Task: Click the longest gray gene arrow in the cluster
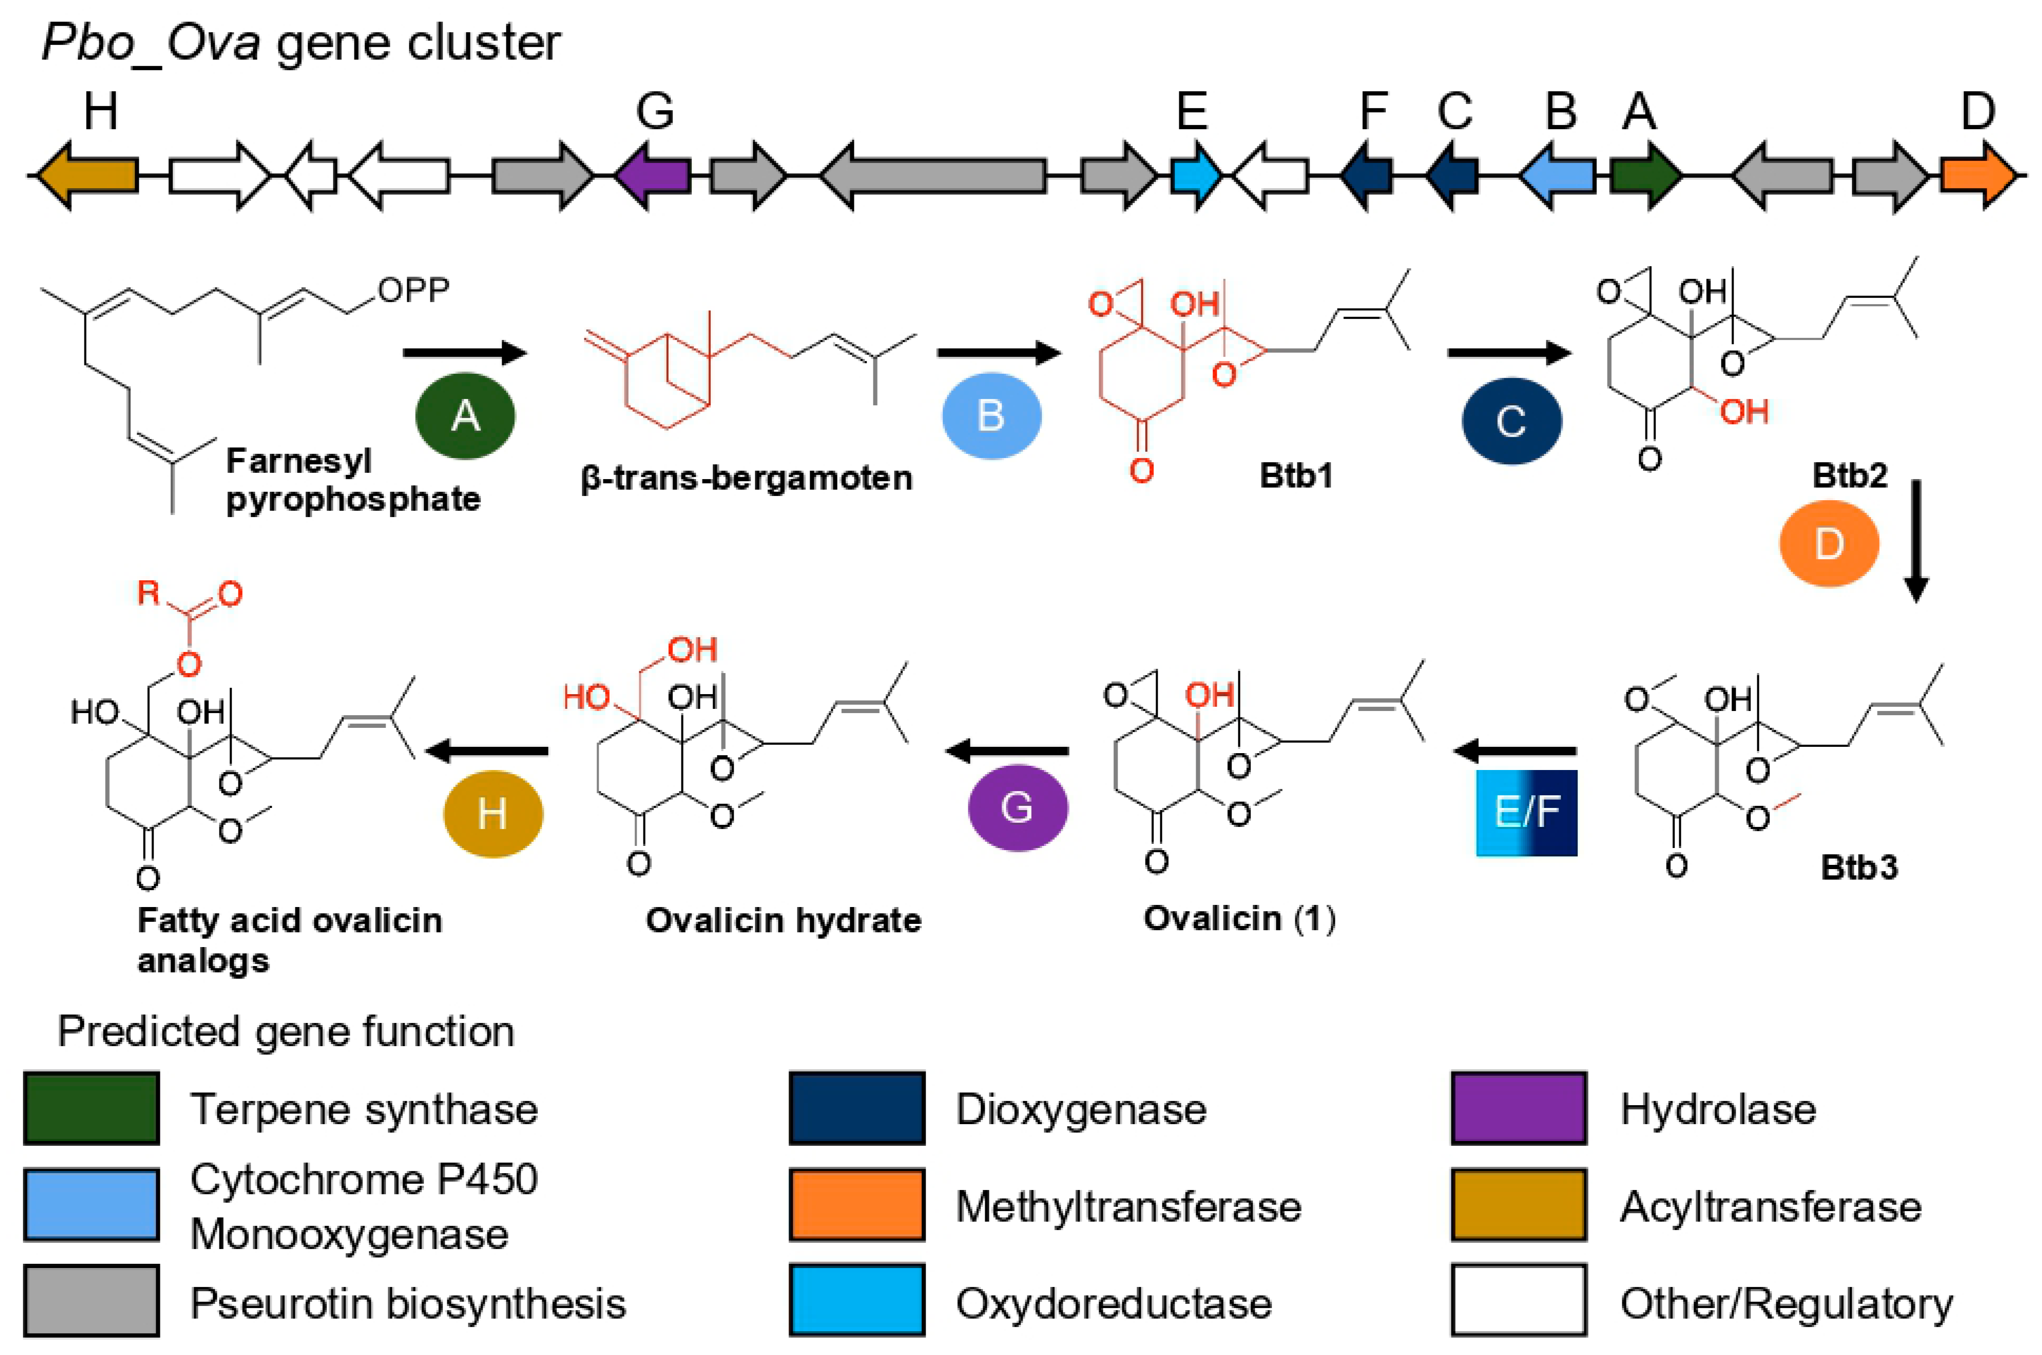(933, 176)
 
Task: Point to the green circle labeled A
(465, 416)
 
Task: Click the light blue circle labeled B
(991, 416)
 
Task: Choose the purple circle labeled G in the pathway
(1017, 808)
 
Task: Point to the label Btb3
(1858, 867)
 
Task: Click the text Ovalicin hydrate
(783, 920)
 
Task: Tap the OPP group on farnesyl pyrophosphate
(413, 290)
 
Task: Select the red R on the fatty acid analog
(149, 593)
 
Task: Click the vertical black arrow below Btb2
(1916, 540)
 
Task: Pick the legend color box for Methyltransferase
(857, 1205)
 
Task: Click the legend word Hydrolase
(1718, 1109)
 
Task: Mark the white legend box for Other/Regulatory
(1519, 1301)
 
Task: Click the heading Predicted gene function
(285, 1031)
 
